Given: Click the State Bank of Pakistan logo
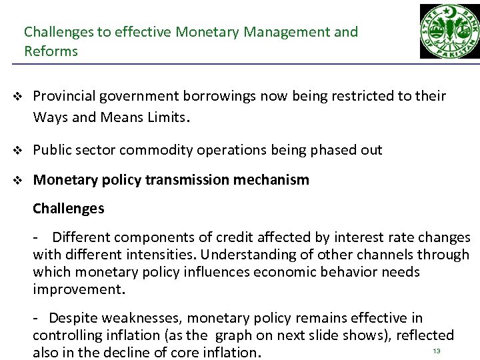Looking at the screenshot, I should [448, 31].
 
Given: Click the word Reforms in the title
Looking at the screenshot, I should [51, 51].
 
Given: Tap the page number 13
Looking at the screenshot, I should [437, 351].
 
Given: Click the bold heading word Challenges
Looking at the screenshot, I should [69, 209].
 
